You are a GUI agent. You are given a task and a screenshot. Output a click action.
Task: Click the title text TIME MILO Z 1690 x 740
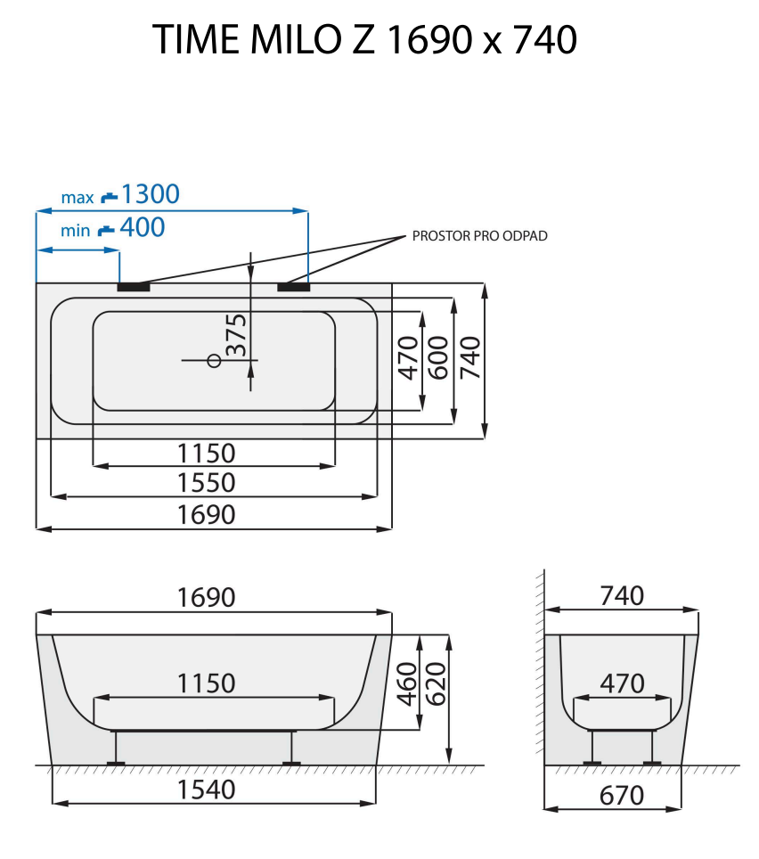[365, 40]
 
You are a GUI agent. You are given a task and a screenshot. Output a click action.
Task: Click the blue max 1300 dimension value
[150, 193]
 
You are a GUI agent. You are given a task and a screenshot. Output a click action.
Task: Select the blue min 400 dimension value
[142, 228]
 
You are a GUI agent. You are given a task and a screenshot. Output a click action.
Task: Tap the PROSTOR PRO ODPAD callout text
[480, 236]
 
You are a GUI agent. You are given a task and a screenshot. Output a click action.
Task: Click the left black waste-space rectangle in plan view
[134, 287]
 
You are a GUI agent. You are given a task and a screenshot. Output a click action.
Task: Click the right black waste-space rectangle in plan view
[293, 287]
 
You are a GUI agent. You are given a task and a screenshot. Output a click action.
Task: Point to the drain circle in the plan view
[213, 360]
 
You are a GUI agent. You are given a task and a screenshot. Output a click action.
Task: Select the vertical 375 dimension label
[236, 335]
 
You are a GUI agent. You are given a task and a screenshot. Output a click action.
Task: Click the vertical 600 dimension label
[437, 357]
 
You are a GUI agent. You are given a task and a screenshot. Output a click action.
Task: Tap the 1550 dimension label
[206, 482]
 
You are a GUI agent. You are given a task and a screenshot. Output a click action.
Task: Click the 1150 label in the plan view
[206, 453]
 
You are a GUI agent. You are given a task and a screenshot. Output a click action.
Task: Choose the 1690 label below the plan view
[206, 514]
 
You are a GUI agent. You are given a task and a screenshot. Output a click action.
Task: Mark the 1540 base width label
[206, 789]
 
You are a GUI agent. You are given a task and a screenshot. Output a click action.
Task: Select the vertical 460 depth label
[406, 683]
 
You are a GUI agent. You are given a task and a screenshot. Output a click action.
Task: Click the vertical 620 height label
[436, 683]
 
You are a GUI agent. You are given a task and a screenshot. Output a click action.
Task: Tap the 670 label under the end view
[622, 794]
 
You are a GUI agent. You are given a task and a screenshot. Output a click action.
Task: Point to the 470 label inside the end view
[622, 683]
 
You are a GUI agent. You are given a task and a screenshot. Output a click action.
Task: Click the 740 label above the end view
[622, 595]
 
